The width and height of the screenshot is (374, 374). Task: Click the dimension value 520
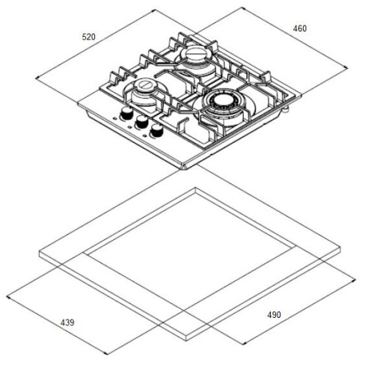[89, 37]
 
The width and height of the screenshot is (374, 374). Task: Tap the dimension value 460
[300, 28]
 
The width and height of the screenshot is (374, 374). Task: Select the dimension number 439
[67, 322]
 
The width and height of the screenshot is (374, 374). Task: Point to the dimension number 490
[275, 315]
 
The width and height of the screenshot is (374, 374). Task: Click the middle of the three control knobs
[141, 121]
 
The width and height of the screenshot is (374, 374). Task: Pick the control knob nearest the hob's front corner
[156, 130]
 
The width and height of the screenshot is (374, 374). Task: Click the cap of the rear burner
[195, 53]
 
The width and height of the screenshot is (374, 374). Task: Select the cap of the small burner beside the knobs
[145, 85]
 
